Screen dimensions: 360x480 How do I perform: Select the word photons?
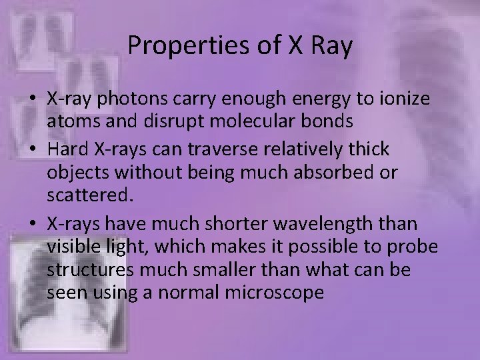(128, 99)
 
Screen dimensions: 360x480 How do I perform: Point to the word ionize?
(406, 99)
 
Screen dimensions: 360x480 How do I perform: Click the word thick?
(366, 149)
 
